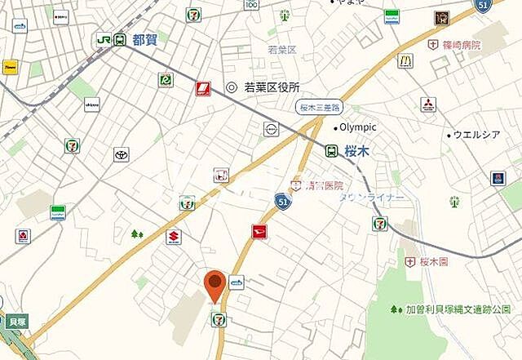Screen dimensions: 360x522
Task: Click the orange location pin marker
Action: [x=215, y=285]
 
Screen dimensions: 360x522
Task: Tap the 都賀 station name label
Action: [x=144, y=38]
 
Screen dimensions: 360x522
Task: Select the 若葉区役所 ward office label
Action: [x=272, y=87]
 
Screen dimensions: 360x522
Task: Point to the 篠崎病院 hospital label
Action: [x=462, y=45]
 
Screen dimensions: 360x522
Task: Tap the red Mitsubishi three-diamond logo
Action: [x=427, y=104]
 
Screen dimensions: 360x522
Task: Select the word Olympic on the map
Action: [x=357, y=127]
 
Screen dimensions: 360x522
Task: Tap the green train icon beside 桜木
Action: [x=331, y=151]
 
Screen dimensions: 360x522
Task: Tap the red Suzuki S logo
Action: [x=173, y=238]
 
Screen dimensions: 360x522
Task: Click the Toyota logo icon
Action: [x=122, y=155]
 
